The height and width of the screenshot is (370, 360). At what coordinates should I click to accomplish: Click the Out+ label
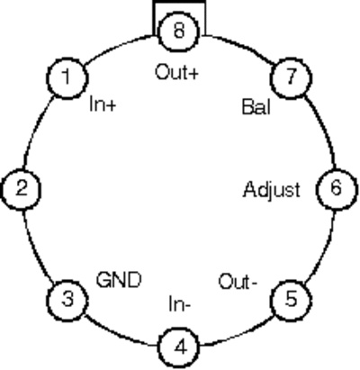pos(176,73)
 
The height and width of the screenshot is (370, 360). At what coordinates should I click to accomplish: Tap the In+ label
pos(103,105)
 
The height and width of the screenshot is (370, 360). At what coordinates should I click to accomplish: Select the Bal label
pos(256,107)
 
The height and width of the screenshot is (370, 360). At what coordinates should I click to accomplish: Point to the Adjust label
pos(272,191)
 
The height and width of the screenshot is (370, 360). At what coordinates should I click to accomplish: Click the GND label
pos(119,280)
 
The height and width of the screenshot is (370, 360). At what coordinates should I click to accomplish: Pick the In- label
pos(179,304)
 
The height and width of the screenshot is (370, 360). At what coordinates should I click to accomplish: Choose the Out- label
pos(238,282)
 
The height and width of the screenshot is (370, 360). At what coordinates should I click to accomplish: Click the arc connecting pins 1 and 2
pos(35,130)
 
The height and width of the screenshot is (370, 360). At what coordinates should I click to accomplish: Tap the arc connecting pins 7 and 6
pos(323,130)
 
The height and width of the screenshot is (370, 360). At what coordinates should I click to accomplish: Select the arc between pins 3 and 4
pos(119,333)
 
